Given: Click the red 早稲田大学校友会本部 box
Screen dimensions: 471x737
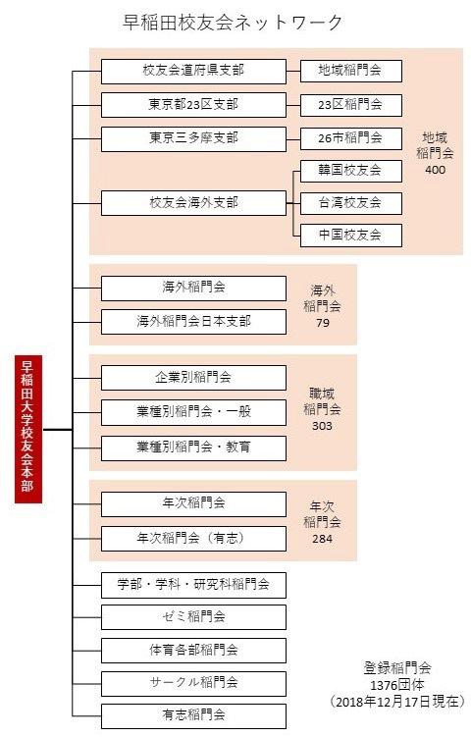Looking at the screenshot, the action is tap(28, 429).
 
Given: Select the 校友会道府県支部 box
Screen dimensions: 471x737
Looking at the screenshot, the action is tap(193, 72).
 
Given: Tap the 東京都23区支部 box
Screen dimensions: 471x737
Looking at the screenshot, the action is tap(193, 105).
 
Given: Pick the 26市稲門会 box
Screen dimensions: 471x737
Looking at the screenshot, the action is tap(351, 138).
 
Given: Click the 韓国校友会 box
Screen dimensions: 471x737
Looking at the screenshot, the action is tap(351, 171).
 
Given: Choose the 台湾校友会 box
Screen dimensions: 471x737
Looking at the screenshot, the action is tap(351, 203).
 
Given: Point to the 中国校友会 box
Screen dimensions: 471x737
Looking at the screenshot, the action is tap(351, 236).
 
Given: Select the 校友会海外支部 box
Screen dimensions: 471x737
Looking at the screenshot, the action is tap(193, 203).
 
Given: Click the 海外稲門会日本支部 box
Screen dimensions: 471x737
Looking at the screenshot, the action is tap(193, 322).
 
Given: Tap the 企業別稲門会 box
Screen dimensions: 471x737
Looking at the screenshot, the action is tap(193, 378).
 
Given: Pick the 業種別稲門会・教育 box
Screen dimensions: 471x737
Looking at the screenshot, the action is tap(193, 448).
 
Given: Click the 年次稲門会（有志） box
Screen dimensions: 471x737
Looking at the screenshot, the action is tap(193, 539).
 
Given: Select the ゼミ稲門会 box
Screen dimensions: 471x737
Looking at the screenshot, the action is tap(193, 617).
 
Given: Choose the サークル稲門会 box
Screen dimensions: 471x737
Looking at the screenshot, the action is tap(193, 683).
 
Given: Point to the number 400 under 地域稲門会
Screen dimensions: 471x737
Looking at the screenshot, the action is tap(435, 170).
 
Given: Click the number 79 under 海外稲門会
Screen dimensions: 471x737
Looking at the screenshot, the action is tap(323, 323).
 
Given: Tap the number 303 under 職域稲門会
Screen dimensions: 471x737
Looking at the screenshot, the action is tap(322, 426).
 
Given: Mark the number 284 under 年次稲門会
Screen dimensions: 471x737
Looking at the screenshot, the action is tap(322, 539).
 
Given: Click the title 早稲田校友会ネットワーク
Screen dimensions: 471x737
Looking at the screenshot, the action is tap(233, 23).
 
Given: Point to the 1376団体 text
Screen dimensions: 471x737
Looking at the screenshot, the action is tap(397, 684).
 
